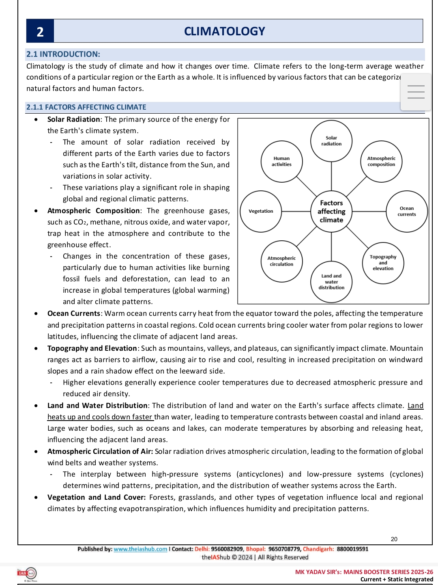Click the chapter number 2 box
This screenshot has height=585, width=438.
(x=40, y=31)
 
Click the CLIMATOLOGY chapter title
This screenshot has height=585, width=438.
(x=224, y=31)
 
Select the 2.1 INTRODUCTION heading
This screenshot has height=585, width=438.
(x=63, y=54)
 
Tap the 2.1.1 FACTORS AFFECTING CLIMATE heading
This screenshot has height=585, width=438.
(x=86, y=107)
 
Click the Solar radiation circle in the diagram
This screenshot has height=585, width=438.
(x=331, y=141)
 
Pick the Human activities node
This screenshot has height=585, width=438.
(x=281, y=162)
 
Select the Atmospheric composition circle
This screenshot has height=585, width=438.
(x=381, y=162)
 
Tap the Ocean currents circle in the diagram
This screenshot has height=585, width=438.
(x=407, y=211)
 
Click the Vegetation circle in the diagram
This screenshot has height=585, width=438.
(x=261, y=211)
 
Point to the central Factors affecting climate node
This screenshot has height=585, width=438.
(x=331, y=212)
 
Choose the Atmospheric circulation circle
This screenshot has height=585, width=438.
(x=281, y=261)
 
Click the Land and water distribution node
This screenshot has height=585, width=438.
(x=331, y=282)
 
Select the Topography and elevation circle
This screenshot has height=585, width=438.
(x=383, y=263)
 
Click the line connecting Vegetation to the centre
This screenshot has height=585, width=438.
(x=296, y=212)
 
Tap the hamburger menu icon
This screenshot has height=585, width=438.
(x=416, y=92)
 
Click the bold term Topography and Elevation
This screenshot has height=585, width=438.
(x=92, y=348)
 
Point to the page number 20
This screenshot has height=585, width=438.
(x=394, y=539)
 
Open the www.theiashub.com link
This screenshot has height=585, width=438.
(x=140, y=549)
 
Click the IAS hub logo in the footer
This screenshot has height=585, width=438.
(x=27, y=574)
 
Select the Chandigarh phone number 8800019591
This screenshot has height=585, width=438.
(x=352, y=549)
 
